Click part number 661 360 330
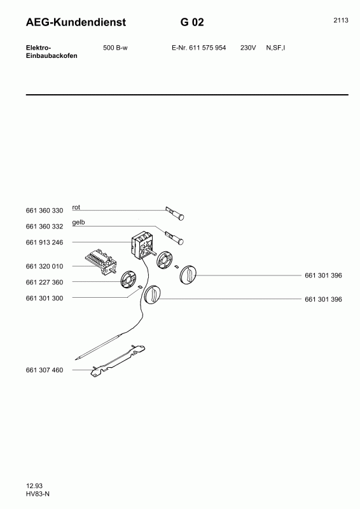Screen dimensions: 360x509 point(45,211)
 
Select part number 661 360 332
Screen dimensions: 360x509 point(45,227)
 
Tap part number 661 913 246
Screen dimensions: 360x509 point(45,242)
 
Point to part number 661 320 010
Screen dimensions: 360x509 point(45,266)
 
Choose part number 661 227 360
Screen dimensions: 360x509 point(45,282)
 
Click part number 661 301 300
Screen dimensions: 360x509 point(45,298)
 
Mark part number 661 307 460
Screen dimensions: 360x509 point(45,370)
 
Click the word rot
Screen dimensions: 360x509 point(76,207)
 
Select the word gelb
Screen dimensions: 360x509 point(78,222)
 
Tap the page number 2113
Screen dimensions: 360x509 point(341,20)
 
